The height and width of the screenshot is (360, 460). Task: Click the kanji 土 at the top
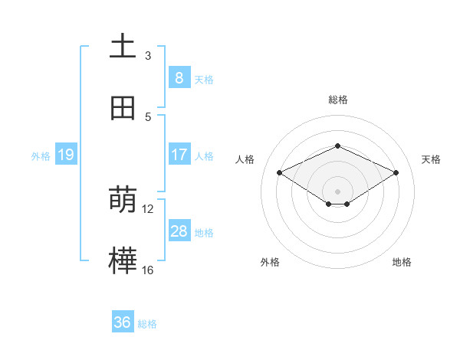(123, 47)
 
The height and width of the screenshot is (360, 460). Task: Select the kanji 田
(123, 108)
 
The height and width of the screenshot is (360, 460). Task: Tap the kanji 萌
(123, 200)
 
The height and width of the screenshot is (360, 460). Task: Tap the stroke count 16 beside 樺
(148, 270)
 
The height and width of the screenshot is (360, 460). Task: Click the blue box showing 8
(179, 78)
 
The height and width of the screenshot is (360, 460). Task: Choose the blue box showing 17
(179, 155)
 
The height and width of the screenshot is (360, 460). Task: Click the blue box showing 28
(179, 231)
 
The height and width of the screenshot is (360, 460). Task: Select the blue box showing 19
(65, 155)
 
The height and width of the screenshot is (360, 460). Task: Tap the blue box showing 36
(123, 323)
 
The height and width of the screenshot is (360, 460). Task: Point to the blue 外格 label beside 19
(41, 156)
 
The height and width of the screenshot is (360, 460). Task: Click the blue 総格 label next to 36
(148, 325)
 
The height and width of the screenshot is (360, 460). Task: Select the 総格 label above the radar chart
(337, 100)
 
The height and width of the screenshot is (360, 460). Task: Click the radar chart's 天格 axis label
(431, 159)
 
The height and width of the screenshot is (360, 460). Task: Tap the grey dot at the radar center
(337, 191)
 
